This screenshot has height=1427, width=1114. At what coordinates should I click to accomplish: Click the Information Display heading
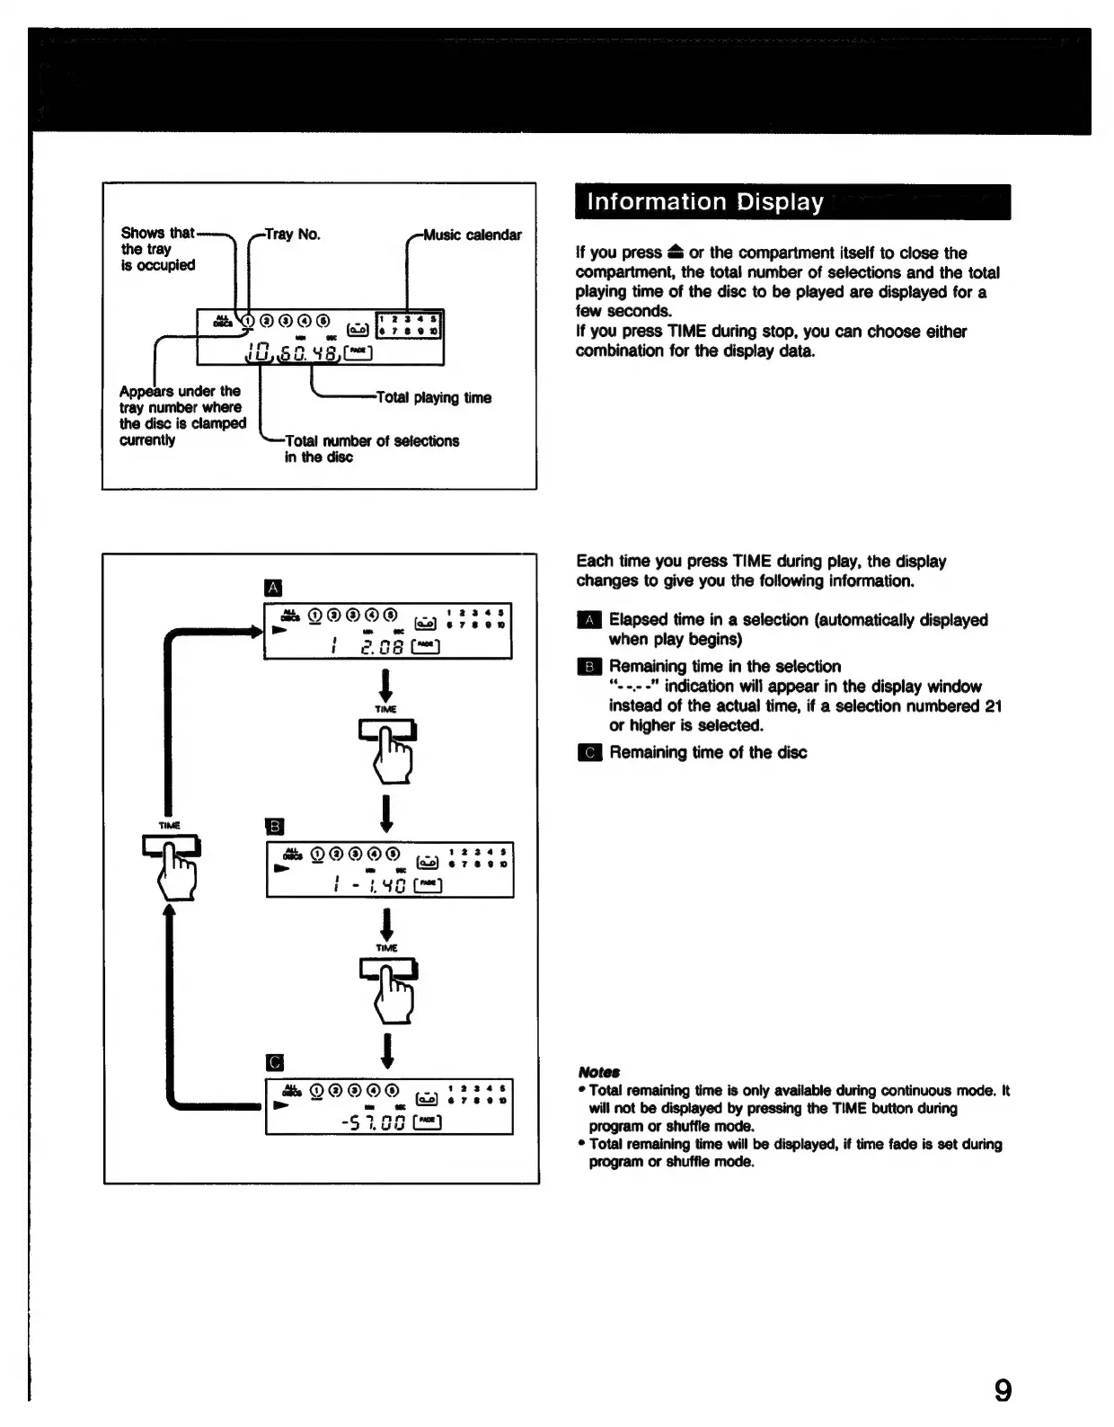704,202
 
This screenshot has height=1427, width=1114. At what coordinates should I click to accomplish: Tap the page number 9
1003,1390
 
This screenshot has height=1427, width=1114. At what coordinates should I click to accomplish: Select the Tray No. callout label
293,235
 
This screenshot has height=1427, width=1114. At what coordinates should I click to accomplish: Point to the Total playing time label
434,397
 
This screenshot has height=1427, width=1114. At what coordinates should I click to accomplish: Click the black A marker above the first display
274,589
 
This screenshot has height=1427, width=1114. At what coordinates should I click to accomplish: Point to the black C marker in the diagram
276,1063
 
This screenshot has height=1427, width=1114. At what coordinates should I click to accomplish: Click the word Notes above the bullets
599,1072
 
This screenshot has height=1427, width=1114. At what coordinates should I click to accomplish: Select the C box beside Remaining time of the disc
589,752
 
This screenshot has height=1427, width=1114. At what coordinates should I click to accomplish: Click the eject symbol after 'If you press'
676,253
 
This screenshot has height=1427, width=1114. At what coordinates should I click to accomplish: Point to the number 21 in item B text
993,705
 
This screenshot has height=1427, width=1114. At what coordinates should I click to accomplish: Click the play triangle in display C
281,1103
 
